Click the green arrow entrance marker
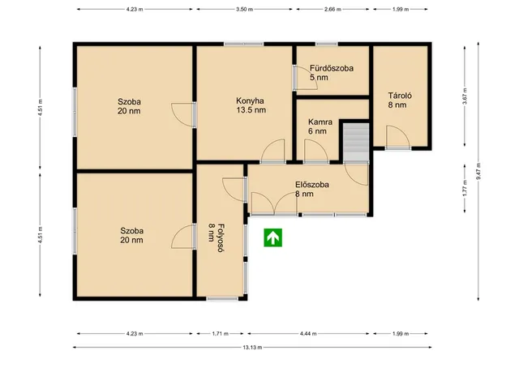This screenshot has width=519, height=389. (x=272, y=237)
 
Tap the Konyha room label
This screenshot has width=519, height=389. (x=250, y=100)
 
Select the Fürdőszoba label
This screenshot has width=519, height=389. (x=332, y=68)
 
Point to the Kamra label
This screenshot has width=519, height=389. (x=320, y=122)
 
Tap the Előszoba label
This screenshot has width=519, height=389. (x=312, y=185)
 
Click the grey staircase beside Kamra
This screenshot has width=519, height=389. (x=356, y=143)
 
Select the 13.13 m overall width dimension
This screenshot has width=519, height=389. (x=252, y=348)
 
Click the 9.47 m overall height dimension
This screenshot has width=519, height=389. (x=478, y=171)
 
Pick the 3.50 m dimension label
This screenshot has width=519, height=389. (x=244, y=9)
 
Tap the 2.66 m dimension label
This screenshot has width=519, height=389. (x=332, y=9)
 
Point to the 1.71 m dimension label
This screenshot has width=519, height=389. (x=220, y=333)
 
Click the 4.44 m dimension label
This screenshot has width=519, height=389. (x=308, y=333)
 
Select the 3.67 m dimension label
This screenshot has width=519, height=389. (x=465, y=96)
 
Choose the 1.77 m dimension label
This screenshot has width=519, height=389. (x=465, y=188)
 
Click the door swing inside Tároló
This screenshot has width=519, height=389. (x=398, y=136)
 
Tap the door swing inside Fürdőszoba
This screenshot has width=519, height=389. (x=306, y=78)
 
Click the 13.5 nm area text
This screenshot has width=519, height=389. (x=251, y=110)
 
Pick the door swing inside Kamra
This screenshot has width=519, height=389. (x=316, y=151)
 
